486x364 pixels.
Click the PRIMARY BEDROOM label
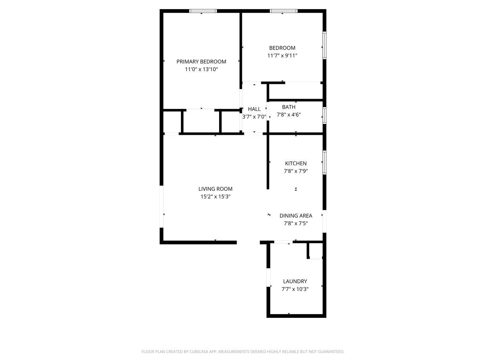pyautogui.click(x=201, y=62)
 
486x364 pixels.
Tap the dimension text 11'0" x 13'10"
pyautogui.click(x=201, y=69)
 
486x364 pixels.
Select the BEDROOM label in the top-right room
pyautogui.click(x=282, y=48)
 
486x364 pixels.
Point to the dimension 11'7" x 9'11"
pyautogui.click(x=282, y=56)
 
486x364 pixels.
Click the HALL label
pyautogui.click(x=254, y=109)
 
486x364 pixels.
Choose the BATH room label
pyautogui.click(x=289, y=107)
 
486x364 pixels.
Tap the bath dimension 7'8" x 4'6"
pyautogui.click(x=289, y=115)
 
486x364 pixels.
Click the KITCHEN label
pyautogui.click(x=296, y=163)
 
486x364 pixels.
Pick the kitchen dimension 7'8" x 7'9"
pyautogui.click(x=296, y=171)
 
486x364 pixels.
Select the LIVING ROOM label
pyautogui.click(x=215, y=189)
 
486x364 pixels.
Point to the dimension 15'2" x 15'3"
pyautogui.click(x=215, y=197)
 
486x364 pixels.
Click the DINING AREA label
pyautogui.click(x=296, y=216)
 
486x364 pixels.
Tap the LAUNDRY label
pyautogui.click(x=295, y=281)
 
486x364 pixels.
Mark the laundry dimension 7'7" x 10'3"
pyautogui.click(x=295, y=289)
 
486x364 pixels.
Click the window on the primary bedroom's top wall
pyautogui.click(x=203, y=11)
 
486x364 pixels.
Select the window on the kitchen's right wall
pyautogui.click(x=324, y=163)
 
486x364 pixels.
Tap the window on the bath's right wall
pyautogui.click(x=324, y=115)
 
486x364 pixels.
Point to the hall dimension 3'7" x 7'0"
pyautogui.click(x=254, y=117)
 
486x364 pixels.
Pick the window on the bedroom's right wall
pyautogui.click(x=324, y=45)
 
